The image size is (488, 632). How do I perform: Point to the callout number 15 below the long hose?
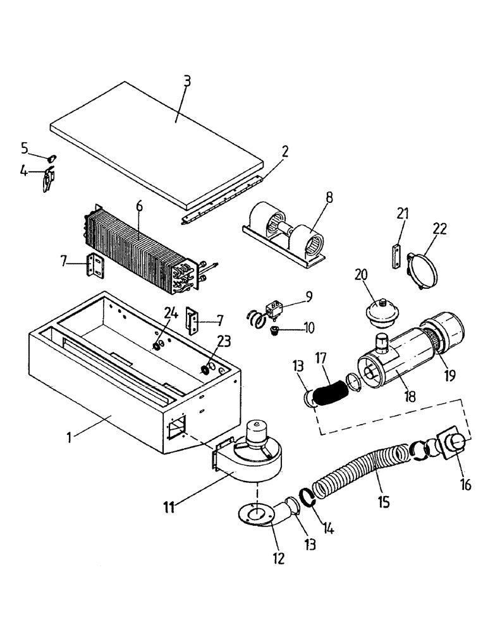(383, 502)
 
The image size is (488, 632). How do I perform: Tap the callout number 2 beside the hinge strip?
(285, 151)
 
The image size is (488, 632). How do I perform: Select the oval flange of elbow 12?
(256, 513)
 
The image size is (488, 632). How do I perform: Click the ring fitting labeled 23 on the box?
(207, 369)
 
